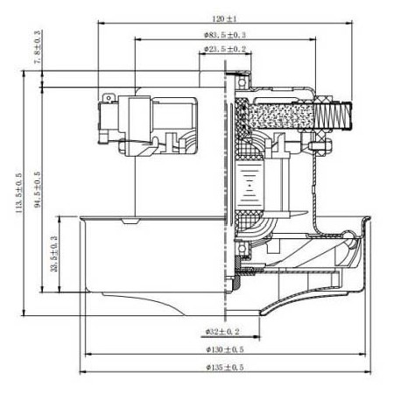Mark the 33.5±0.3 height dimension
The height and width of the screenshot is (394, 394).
(x=54, y=254)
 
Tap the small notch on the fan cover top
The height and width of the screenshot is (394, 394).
(x=130, y=224)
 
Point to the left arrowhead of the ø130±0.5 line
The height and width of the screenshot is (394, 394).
(x=85, y=355)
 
